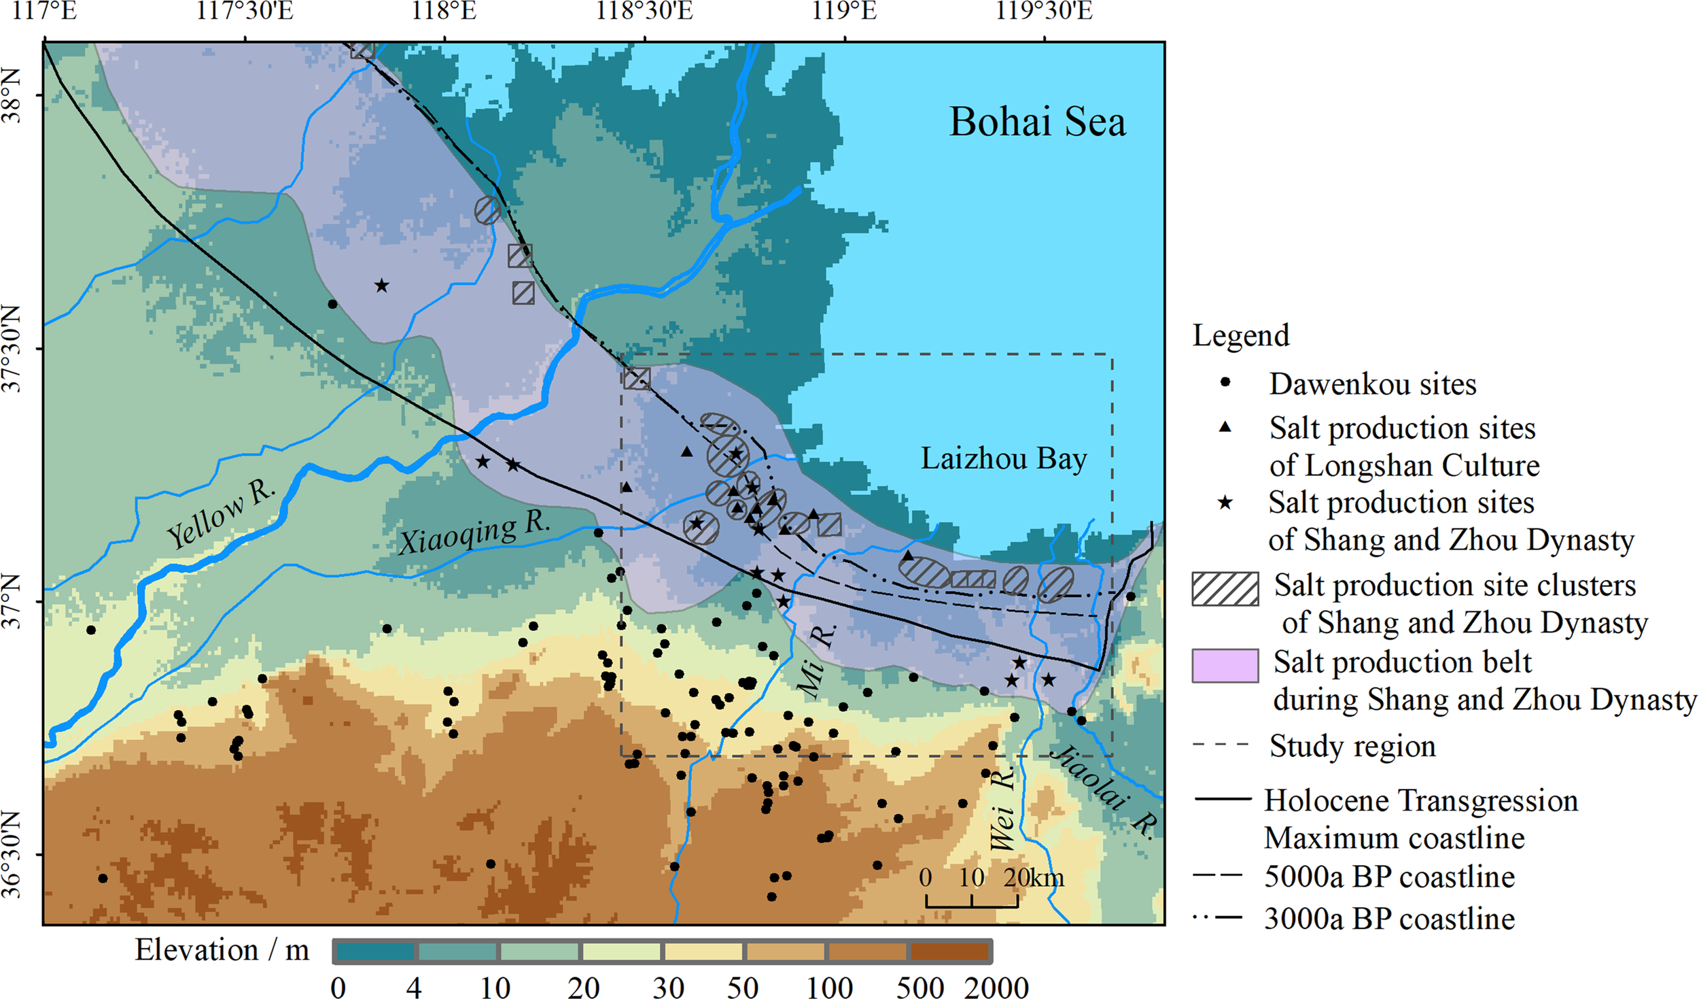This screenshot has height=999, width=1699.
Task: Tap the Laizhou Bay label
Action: click(x=1003, y=459)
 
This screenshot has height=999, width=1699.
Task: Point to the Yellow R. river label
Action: click(x=222, y=515)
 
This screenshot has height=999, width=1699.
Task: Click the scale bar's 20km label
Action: click(x=1033, y=878)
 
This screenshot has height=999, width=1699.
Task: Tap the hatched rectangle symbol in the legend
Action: click(x=1225, y=589)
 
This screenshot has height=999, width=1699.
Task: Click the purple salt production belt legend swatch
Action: click(x=1225, y=665)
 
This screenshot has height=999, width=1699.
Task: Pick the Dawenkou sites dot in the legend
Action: click(x=1225, y=382)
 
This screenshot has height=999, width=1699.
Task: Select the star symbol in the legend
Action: click(x=1225, y=503)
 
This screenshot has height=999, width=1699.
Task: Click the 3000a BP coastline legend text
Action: click(x=1389, y=919)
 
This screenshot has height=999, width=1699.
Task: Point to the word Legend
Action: click(x=1241, y=335)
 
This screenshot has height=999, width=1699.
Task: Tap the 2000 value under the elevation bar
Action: click(x=996, y=987)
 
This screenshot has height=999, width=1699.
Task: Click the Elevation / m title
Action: click(x=222, y=950)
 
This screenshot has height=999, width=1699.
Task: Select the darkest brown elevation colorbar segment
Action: click(x=949, y=951)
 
